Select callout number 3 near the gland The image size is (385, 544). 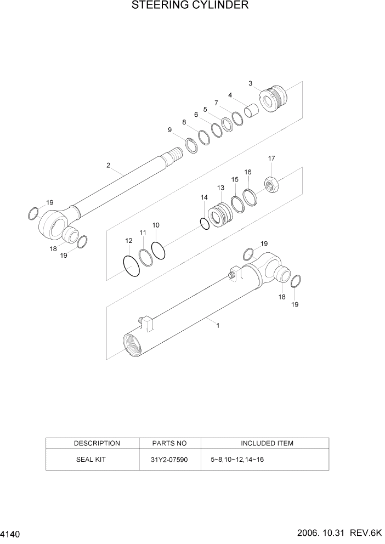(x=251, y=83)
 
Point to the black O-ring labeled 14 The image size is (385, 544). (x=205, y=224)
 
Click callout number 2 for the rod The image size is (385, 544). (x=109, y=165)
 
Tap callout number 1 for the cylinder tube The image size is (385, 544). (x=218, y=325)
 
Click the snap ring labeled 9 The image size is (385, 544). (x=191, y=147)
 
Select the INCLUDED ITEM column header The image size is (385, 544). (x=267, y=443)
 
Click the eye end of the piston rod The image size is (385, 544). (x=52, y=222)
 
